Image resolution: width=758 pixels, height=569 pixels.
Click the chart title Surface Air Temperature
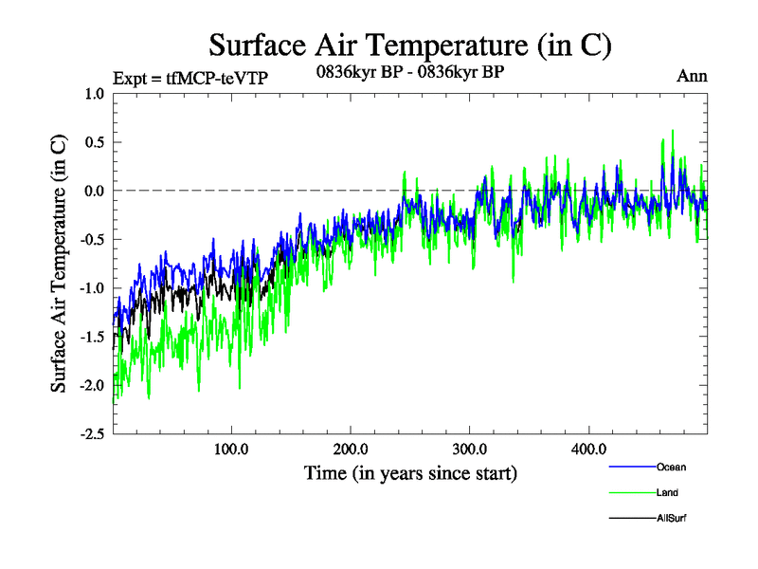coord(410,45)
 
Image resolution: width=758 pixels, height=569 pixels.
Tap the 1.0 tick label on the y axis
coord(94,94)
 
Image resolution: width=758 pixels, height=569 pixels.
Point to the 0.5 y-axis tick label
coord(94,142)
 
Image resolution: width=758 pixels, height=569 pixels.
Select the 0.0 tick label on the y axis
coord(94,191)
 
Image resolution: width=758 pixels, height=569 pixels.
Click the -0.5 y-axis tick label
coord(92,239)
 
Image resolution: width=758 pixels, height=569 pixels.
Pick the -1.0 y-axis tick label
coord(92,288)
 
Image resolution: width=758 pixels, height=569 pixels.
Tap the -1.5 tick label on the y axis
coord(92,337)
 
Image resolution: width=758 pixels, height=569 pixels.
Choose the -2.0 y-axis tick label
coord(92,385)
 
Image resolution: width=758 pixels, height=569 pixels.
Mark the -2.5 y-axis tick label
coord(92,433)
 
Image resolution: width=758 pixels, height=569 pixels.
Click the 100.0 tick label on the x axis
coord(231,449)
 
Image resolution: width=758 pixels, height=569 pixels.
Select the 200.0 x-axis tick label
coord(351,449)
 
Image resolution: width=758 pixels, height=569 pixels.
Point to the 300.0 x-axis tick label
coord(470,449)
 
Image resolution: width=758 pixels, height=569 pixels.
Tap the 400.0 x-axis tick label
coord(588,449)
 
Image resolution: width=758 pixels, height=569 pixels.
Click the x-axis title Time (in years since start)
coord(410,472)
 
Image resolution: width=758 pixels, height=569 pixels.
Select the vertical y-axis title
coord(59,264)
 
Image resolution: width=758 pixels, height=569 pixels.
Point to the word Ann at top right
coord(692,76)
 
